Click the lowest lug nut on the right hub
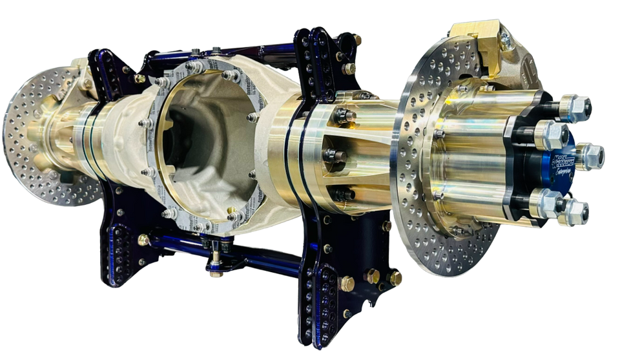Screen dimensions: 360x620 click(573, 212)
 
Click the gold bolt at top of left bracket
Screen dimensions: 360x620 click(139, 78)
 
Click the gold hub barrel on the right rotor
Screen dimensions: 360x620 click(465, 162)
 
